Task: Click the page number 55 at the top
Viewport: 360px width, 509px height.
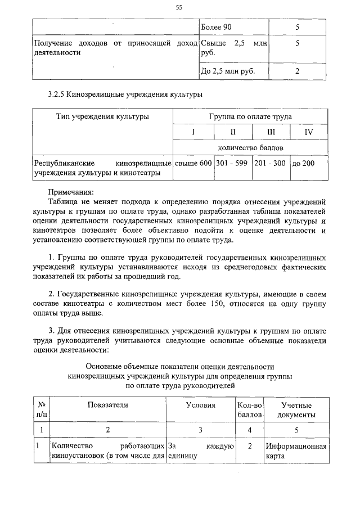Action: tap(179, 7)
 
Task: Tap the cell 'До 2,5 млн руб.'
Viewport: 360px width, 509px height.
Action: tap(228, 71)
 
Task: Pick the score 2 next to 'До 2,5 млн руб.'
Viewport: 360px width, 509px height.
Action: tap(297, 71)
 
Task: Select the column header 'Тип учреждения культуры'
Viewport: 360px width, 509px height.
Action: tap(102, 116)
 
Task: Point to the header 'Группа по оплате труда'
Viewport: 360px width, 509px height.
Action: tap(250, 116)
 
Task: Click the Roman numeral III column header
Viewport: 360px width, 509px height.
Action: tap(271, 132)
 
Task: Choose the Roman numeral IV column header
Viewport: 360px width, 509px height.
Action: tap(308, 132)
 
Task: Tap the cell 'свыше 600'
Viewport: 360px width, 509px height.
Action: tap(193, 163)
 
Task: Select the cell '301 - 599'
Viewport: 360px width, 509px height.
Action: tap(232, 163)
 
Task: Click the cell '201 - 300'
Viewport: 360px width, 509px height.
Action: tap(270, 163)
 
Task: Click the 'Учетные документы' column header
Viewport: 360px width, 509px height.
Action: tap(296, 409)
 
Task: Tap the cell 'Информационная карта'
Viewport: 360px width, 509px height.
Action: tap(296, 451)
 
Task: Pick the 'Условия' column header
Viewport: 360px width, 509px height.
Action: tap(200, 405)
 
